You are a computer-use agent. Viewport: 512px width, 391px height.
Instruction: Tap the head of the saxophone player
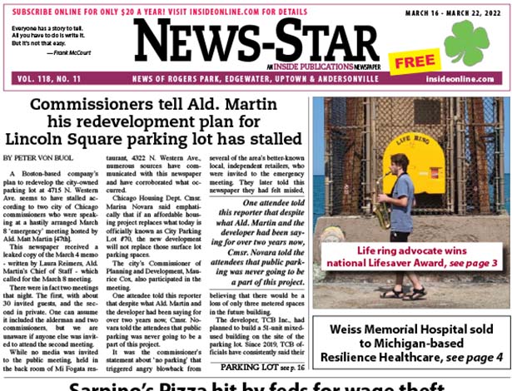pos(399,161)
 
